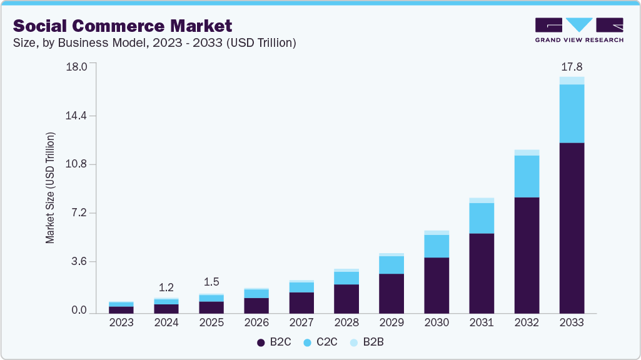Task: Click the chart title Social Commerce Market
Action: click(x=123, y=26)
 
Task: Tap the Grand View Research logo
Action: click(x=578, y=29)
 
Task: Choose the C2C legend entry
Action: click(x=320, y=342)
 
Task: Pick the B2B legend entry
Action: click(x=370, y=342)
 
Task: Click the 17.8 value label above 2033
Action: click(x=572, y=67)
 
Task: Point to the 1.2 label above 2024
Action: click(x=166, y=287)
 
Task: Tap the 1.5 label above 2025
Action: click(x=211, y=282)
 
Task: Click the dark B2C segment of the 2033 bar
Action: click(x=572, y=228)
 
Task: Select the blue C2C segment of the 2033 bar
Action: click(x=572, y=113)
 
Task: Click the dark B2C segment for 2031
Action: click(x=482, y=273)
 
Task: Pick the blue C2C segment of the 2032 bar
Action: click(x=527, y=176)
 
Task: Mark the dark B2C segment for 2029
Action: click(x=391, y=293)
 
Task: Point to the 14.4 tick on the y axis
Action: click(x=77, y=116)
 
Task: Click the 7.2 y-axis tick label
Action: click(x=80, y=213)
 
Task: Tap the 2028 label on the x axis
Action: click(x=346, y=322)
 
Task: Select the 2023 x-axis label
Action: click(x=121, y=322)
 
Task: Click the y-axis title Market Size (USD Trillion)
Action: click(x=50, y=187)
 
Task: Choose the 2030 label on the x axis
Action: click(x=437, y=322)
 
